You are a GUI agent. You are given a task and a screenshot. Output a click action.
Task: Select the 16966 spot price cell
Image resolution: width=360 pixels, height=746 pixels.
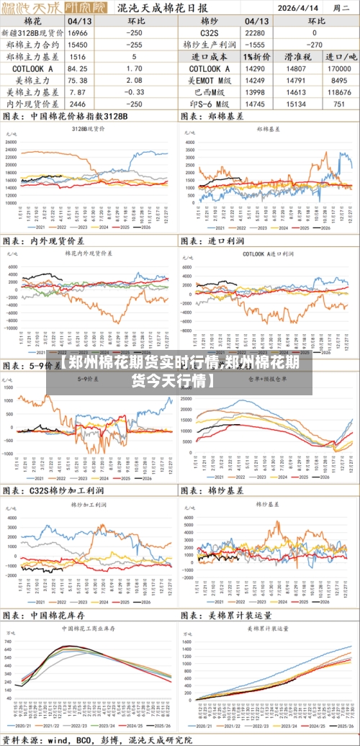tap(78, 32)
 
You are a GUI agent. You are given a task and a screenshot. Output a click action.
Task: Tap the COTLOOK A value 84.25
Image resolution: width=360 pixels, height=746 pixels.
tap(78, 68)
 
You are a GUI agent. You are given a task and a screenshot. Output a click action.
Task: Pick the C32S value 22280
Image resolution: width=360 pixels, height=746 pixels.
tap(255, 32)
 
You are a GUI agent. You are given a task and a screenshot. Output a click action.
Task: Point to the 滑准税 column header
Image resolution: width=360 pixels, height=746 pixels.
tap(297, 56)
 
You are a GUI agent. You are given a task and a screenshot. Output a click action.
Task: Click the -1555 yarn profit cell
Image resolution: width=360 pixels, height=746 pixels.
tap(255, 45)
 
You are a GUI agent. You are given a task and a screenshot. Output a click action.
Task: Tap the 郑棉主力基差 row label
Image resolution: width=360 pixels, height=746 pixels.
tap(33, 56)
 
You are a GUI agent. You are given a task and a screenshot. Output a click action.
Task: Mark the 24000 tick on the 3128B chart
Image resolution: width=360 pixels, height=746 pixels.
tap(12, 142)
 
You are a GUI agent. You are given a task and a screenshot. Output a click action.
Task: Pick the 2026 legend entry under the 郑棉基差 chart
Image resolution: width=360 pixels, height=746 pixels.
tap(325, 228)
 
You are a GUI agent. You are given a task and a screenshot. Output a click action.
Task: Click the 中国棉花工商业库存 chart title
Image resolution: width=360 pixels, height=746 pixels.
tap(89, 628)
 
